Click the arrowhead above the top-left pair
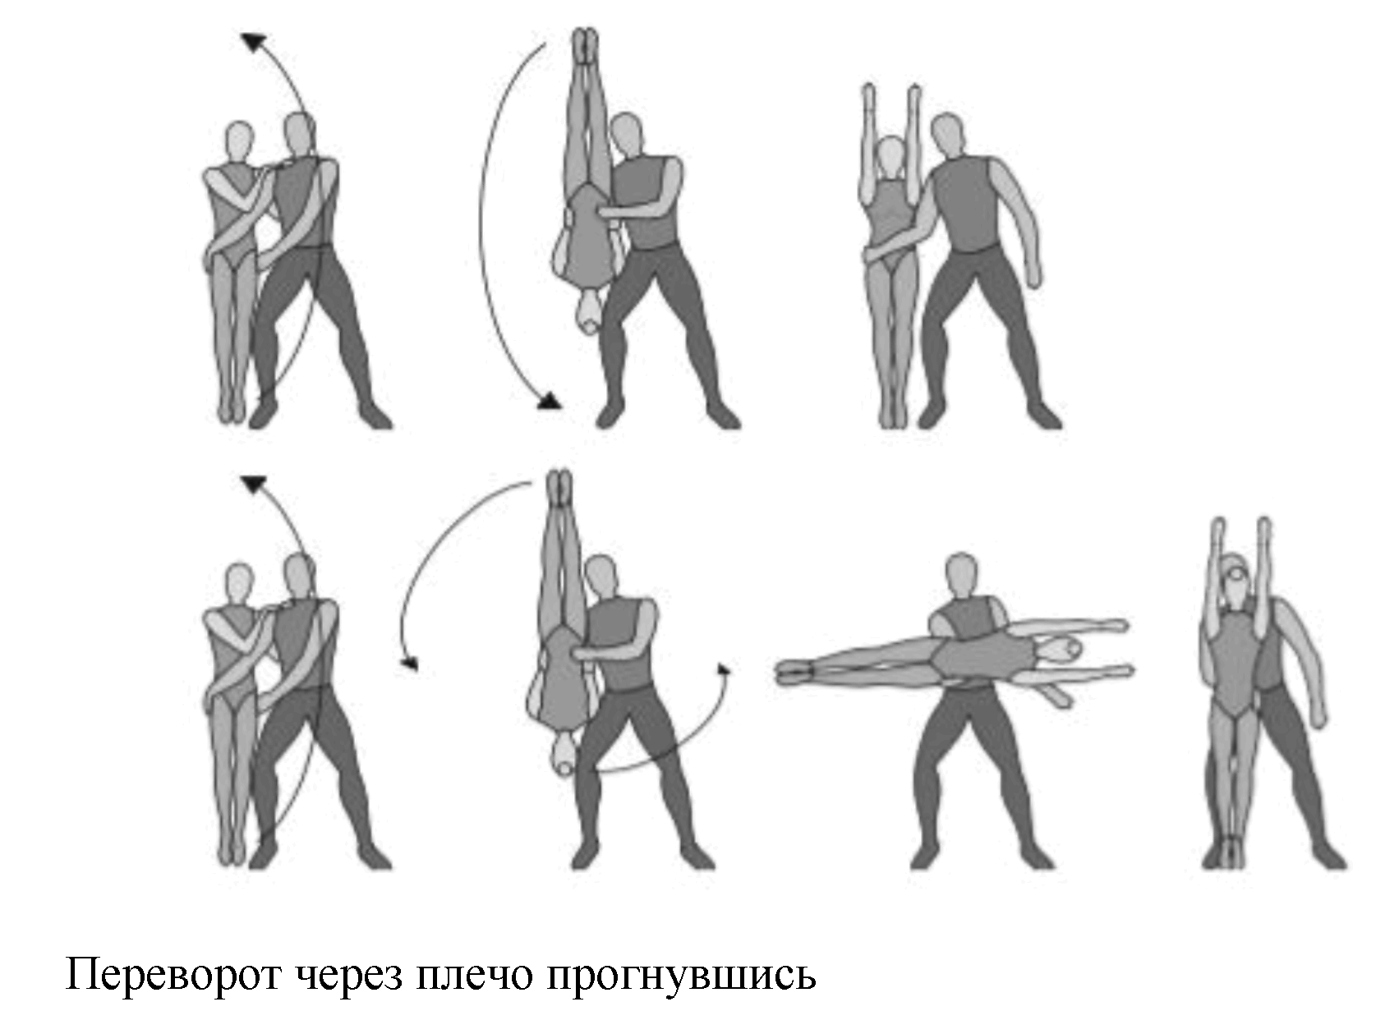(x=253, y=42)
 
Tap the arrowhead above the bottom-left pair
(x=252, y=483)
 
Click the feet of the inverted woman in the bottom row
(x=559, y=486)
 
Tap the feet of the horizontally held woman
(x=793, y=672)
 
